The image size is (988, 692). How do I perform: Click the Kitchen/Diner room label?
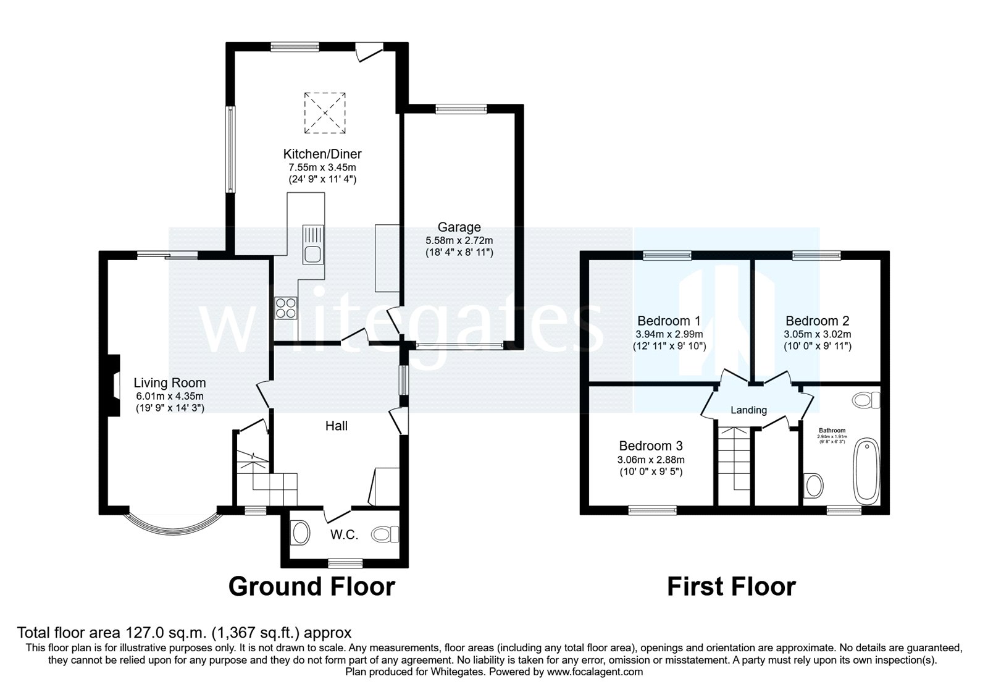tap(322, 154)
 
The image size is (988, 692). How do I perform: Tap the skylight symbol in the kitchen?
tap(324, 112)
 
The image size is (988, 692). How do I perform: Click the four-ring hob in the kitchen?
tap(285, 308)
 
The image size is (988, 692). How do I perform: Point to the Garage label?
tap(459, 227)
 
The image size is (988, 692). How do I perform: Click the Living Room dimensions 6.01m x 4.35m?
tap(169, 396)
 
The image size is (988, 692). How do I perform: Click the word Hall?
tap(337, 426)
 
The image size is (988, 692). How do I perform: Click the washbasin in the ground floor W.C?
tap(300, 532)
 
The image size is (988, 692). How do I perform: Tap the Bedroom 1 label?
tap(669, 321)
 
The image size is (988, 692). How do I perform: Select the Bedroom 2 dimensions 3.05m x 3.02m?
tap(817, 334)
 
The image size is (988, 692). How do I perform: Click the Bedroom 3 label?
tap(650, 445)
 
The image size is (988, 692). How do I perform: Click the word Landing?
tap(748, 410)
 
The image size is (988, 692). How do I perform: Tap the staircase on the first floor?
tap(735, 460)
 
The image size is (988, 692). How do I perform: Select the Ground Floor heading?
tap(311, 586)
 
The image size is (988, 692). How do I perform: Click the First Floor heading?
tap(731, 586)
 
